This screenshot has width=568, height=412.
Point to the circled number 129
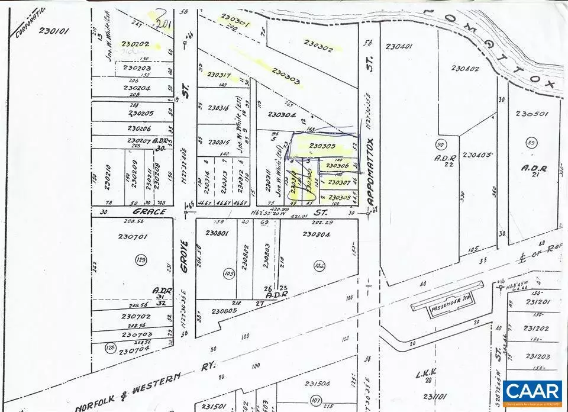coord(141,259)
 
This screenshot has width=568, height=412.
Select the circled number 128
coord(110,347)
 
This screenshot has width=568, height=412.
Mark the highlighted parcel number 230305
coord(322,146)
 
